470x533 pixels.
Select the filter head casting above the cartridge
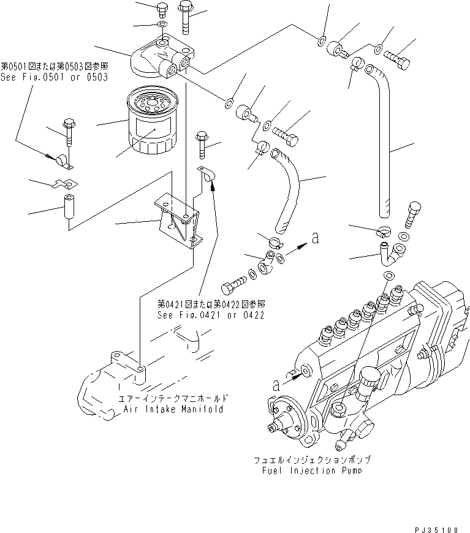157,58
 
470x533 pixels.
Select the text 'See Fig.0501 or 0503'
54,77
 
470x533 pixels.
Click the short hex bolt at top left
162,10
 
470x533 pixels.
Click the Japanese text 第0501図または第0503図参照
54,66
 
